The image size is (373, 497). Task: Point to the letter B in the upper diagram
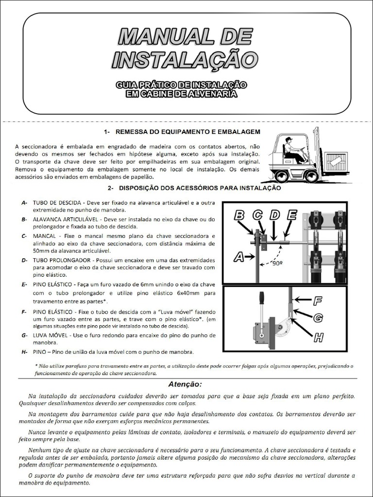[x=239, y=215]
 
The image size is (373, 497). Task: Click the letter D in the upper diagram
[x=274, y=215]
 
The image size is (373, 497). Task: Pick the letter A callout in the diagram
[x=239, y=257]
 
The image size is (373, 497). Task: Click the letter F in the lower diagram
[x=318, y=301]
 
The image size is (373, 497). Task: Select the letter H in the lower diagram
[x=319, y=337]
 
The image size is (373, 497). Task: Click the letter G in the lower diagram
[x=318, y=318]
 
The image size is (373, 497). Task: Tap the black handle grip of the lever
[x=261, y=297]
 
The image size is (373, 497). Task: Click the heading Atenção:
[x=185, y=384]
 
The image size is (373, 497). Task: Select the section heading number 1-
[x=108, y=132]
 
